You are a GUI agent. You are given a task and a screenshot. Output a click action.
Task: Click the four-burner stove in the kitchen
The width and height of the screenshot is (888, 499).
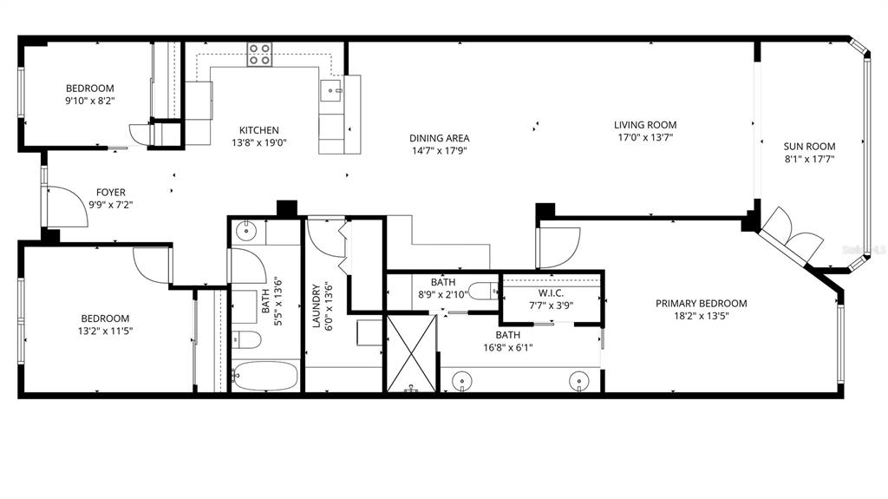tap(259, 55)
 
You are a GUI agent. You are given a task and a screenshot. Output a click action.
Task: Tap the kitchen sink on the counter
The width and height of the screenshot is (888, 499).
tap(331, 90)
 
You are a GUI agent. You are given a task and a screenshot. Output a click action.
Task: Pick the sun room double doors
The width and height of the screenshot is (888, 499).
tap(791, 233)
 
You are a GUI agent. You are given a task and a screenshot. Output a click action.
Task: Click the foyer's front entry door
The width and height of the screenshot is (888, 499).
tap(66, 207)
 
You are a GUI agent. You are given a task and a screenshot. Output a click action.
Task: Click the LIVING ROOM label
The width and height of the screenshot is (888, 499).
tap(645, 125)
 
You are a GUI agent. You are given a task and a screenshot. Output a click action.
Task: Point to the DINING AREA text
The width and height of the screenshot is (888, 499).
tap(440, 138)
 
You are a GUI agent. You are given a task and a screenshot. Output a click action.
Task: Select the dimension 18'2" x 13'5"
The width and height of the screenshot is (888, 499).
tap(701, 316)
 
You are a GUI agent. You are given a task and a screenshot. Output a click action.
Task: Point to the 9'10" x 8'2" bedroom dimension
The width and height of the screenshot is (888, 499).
tap(90, 101)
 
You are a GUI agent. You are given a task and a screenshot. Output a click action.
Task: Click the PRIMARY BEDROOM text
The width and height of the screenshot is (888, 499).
tap(701, 304)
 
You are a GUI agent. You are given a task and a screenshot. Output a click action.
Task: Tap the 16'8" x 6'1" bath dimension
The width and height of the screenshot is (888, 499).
tap(507, 347)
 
